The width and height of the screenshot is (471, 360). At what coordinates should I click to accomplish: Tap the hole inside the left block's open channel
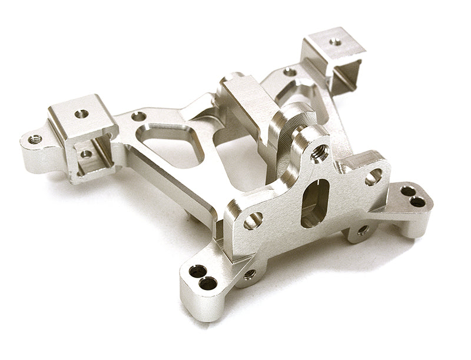click(x=86, y=154)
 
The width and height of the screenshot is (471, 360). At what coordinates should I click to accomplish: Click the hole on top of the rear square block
click(x=335, y=42)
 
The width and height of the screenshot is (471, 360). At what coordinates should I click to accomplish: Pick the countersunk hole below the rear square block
click(x=290, y=72)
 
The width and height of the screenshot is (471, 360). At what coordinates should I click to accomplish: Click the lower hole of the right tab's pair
click(x=417, y=202)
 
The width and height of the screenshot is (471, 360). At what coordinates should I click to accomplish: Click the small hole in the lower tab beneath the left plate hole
click(x=250, y=274)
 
